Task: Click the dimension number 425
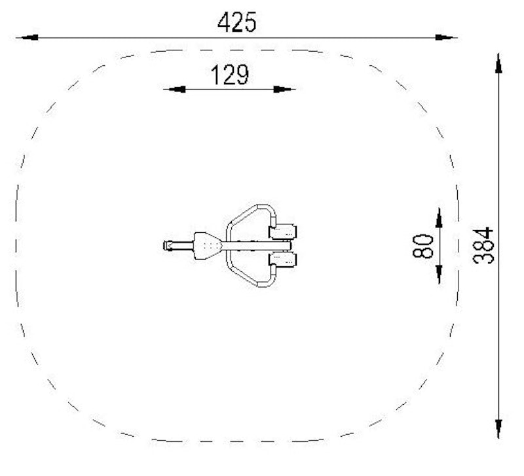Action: tap(237, 22)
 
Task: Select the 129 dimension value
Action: tap(230, 75)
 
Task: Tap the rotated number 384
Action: tap(483, 245)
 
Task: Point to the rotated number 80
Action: tap(422, 246)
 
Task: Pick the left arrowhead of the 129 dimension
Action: tap(176, 90)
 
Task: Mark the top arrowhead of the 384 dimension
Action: tap(498, 63)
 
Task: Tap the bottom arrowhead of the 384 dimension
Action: tap(498, 429)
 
